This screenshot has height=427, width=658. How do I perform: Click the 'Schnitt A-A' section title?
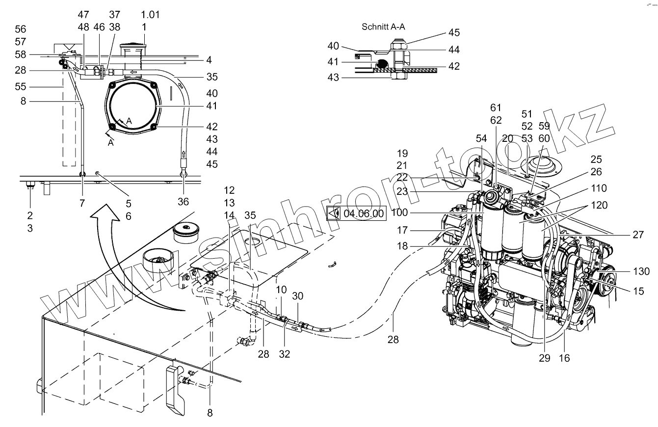click(x=383, y=27)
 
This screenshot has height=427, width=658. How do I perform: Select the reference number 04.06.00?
click(x=364, y=213)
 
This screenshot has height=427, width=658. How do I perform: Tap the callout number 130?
click(x=641, y=271)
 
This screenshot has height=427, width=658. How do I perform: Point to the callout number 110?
click(x=599, y=188)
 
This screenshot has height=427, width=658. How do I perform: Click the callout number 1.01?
click(x=151, y=15)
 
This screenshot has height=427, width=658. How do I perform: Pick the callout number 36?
click(x=184, y=202)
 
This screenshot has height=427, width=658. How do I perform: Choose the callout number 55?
click(x=21, y=86)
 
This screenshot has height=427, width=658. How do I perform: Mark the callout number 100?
click(x=400, y=213)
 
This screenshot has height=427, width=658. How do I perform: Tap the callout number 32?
click(x=285, y=354)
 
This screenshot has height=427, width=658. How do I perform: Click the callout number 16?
click(x=564, y=358)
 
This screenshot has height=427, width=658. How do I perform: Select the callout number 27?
click(x=638, y=235)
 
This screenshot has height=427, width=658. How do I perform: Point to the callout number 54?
click(x=481, y=138)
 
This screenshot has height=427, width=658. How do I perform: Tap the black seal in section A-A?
click(x=382, y=63)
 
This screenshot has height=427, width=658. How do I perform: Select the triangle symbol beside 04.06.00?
click(x=334, y=213)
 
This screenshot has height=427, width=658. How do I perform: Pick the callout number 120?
click(x=599, y=205)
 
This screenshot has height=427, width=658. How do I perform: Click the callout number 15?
click(x=638, y=291)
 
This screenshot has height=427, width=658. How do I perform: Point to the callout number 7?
click(x=82, y=203)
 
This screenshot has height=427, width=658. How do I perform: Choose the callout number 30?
click(x=297, y=296)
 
